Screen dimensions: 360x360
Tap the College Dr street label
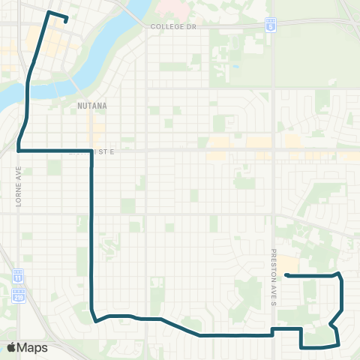[x=172, y=25]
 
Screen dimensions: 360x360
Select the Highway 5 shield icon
[x=271, y=25]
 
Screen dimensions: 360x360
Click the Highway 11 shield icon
[x=19, y=276]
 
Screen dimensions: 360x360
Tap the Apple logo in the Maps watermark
[x=12, y=347]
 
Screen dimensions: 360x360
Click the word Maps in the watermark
[x=33, y=347]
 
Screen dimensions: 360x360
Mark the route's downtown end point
[x=66, y=20]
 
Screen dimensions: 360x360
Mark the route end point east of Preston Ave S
[x=287, y=275]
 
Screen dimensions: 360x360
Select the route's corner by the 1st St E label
[x=91, y=151]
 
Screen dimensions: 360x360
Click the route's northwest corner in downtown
[x=49, y=13]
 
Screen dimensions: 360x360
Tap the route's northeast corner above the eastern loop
[x=339, y=274]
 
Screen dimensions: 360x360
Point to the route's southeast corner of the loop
[x=338, y=345]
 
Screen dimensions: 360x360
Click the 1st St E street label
[x=100, y=151]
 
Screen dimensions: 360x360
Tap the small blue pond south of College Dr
[x=236, y=66]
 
